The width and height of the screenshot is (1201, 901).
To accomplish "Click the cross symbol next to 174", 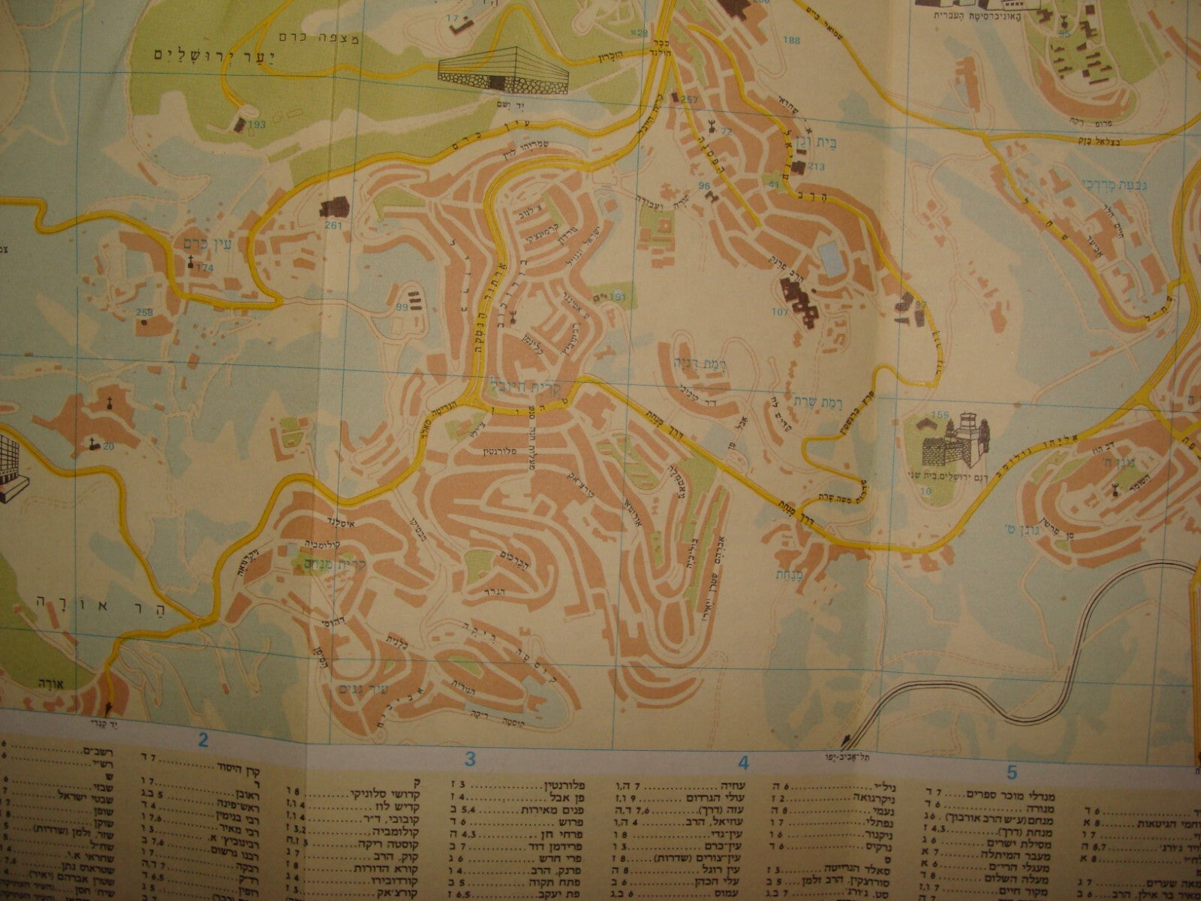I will [191, 263].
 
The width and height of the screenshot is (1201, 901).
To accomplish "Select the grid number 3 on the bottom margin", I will [470, 761].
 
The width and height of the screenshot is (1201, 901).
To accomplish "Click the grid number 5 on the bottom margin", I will [1013, 772].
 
